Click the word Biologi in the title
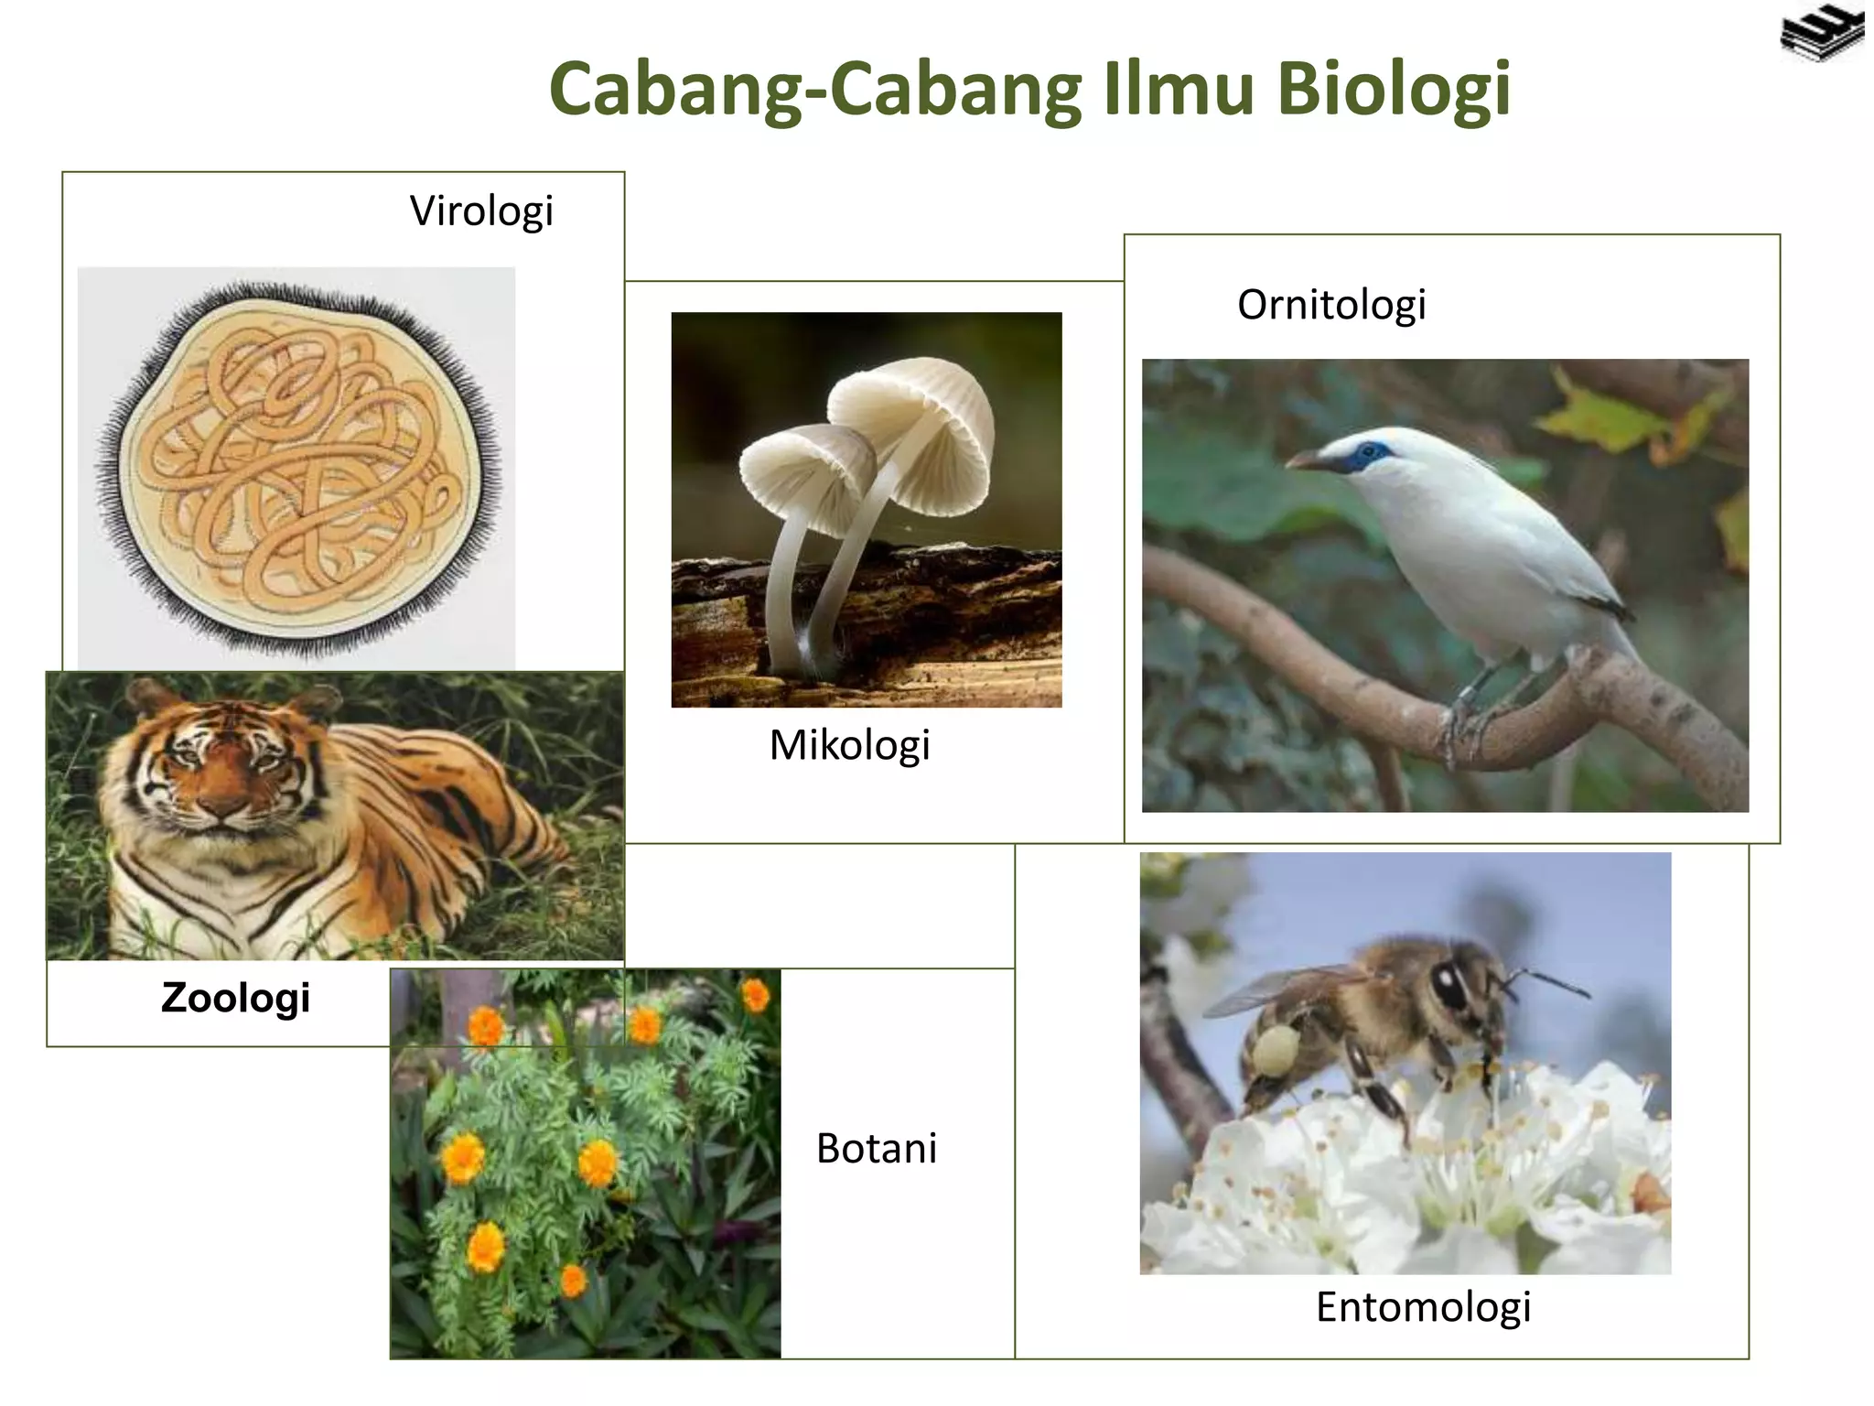click(1393, 90)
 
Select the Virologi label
click(481, 211)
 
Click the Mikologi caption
click(849, 745)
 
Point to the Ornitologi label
click(1331, 305)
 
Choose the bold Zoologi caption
click(236, 997)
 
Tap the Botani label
click(876, 1148)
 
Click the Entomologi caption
click(1423, 1306)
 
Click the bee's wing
click(1281, 989)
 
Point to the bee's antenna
click(1551, 983)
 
